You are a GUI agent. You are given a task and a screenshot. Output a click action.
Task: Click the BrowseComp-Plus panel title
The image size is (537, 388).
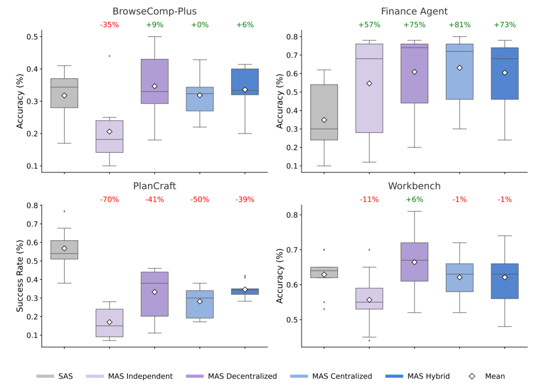154,11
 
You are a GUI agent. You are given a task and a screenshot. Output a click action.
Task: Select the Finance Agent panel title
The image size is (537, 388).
414,11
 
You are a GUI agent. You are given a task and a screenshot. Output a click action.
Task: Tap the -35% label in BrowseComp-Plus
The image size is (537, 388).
109,25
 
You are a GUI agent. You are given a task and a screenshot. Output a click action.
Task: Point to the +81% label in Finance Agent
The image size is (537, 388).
459,25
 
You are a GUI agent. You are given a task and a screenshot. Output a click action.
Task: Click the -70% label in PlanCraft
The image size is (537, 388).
109,199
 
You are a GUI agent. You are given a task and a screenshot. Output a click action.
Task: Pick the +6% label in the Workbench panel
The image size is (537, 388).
414,199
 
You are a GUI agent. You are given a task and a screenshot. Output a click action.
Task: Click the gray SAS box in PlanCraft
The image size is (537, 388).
64,250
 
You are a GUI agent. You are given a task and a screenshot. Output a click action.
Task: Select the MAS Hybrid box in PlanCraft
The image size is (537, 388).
245,291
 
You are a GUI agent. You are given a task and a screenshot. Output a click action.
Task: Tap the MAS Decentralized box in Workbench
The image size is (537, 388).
414,262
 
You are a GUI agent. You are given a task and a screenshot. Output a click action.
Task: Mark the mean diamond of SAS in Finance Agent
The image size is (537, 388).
324,120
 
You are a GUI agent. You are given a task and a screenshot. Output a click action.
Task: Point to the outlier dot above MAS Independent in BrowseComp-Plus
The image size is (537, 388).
109,56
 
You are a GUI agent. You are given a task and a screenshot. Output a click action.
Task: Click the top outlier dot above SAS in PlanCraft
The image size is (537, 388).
64,211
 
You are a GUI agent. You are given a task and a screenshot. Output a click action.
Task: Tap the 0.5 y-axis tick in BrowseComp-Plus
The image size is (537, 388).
34,37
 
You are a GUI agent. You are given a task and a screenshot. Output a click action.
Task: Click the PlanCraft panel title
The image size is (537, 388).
154,186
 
